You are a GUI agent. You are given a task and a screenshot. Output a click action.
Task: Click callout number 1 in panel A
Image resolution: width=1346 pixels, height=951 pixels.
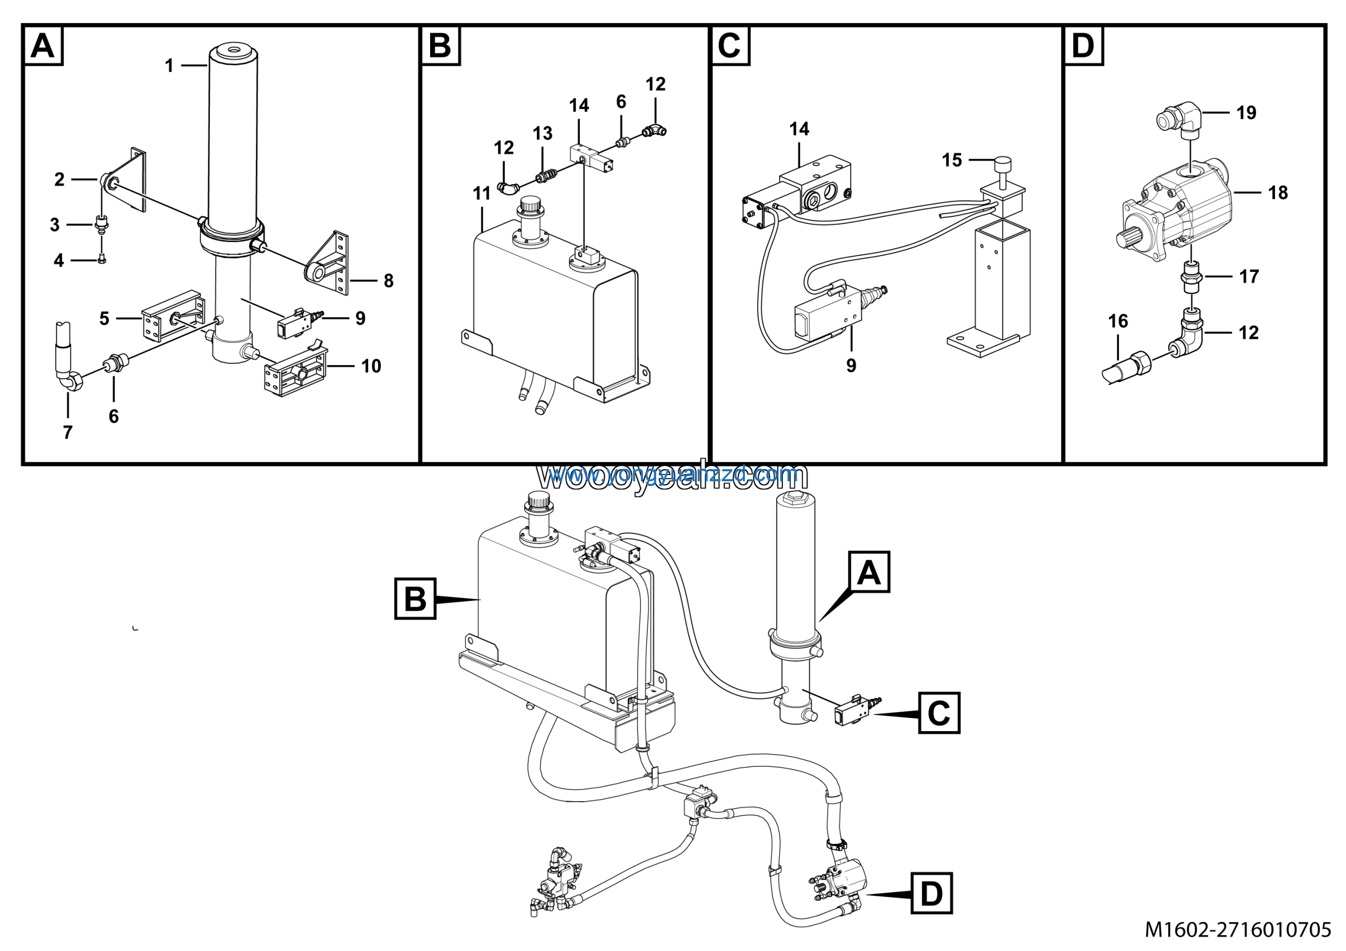(x=169, y=66)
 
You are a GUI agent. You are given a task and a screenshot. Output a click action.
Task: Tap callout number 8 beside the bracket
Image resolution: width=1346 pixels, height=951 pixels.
(x=389, y=281)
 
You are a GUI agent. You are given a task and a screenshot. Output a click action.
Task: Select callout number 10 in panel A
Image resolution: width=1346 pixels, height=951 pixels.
(x=371, y=367)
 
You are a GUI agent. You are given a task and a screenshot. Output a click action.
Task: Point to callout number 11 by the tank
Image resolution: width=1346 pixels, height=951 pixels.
(x=481, y=194)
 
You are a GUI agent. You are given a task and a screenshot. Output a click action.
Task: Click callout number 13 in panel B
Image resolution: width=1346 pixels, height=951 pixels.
(x=542, y=134)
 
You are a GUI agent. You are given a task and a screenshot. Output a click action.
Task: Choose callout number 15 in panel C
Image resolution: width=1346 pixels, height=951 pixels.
(x=952, y=160)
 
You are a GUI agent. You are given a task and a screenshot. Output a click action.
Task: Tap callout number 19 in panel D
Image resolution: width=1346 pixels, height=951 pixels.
(x=1246, y=113)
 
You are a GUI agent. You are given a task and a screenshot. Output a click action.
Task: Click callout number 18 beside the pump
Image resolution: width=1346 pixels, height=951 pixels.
(x=1278, y=193)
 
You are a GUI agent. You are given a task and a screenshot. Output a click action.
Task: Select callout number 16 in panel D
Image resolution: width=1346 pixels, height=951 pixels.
(x=1118, y=321)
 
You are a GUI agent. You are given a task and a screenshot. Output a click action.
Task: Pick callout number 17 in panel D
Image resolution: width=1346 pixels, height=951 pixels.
(x=1249, y=277)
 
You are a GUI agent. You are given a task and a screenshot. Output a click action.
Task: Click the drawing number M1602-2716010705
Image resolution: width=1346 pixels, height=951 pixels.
(x=1238, y=930)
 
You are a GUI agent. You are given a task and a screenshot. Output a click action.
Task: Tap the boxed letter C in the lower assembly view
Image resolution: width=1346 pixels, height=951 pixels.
(x=939, y=713)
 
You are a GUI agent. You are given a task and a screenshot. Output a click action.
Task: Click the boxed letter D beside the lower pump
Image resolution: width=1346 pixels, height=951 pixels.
(x=931, y=894)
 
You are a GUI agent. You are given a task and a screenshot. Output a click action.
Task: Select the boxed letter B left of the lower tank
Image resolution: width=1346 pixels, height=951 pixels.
(x=415, y=599)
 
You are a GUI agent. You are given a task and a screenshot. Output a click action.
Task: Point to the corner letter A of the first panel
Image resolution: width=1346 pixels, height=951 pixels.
(x=43, y=46)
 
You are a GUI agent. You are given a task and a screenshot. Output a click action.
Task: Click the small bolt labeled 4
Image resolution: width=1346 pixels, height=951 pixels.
(x=102, y=260)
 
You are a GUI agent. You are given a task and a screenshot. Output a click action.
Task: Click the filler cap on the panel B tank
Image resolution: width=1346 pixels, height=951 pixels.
(x=530, y=208)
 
